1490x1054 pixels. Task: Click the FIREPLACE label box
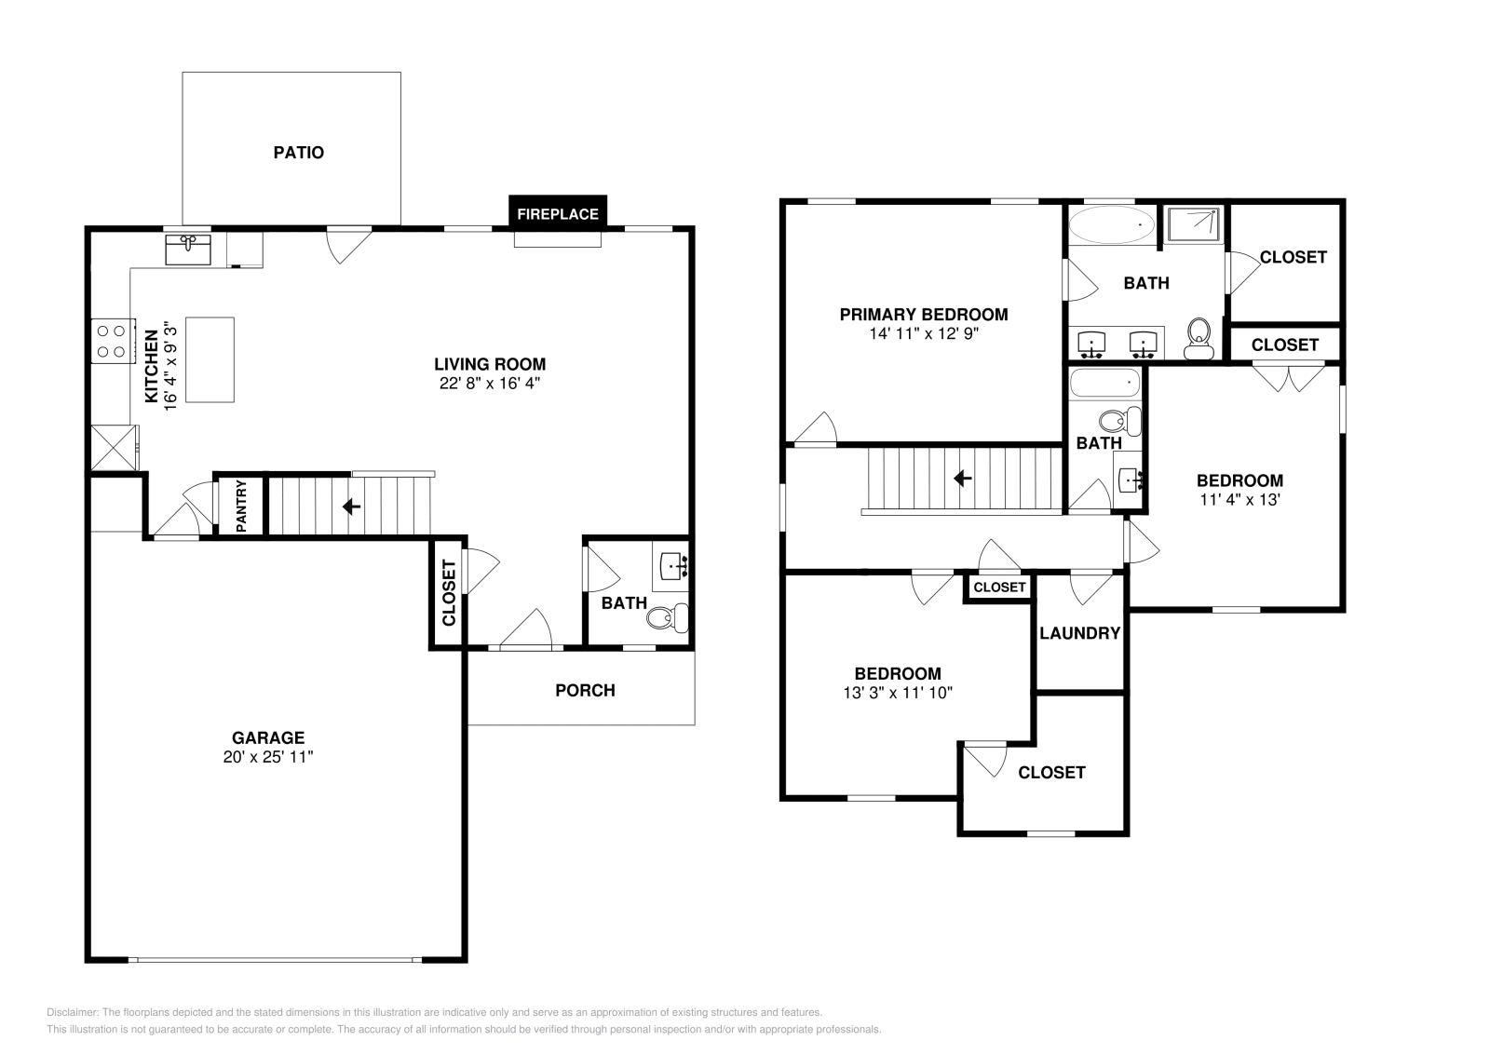point(558,213)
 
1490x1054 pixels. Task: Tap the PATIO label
point(298,152)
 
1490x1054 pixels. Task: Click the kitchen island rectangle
point(210,359)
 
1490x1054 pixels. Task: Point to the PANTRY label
point(240,506)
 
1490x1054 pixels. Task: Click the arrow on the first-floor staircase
point(351,507)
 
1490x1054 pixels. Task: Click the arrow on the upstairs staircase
point(962,478)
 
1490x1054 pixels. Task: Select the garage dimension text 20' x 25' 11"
point(268,757)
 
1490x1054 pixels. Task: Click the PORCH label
point(585,690)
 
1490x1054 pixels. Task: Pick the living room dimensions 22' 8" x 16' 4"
point(490,382)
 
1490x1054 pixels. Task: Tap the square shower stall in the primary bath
point(1193,223)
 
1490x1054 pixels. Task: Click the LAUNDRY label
point(1079,633)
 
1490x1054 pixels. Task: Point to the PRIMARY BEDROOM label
point(923,315)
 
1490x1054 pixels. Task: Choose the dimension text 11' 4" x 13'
point(1239,499)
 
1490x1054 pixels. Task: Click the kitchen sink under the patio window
point(188,250)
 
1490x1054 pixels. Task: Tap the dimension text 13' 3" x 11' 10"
point(897,692)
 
